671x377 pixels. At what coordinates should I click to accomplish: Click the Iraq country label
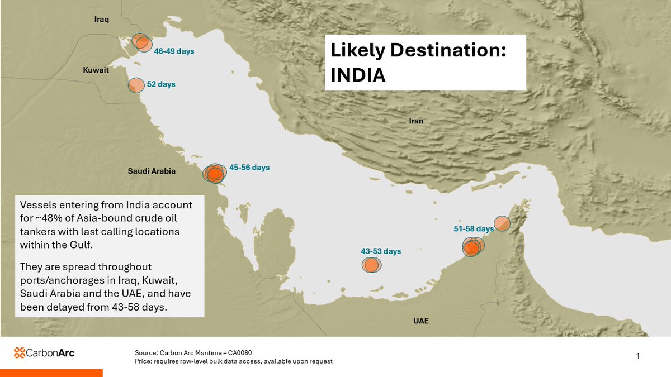coord(101,20)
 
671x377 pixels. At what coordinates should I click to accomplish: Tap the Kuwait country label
coord(96,71)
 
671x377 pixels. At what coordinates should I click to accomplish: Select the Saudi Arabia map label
coord(152,171)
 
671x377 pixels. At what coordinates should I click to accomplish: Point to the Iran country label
coord(416,121)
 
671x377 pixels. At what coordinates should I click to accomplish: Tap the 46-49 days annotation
coord(174,51)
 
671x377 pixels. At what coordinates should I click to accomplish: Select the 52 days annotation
coord(161,84)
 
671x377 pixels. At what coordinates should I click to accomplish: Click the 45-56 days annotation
coord(249,168)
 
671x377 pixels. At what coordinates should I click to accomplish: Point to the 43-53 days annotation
coord(381,251)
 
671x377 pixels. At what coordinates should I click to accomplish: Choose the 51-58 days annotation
coord(474,229)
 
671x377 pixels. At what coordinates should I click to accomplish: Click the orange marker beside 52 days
coord(136,85)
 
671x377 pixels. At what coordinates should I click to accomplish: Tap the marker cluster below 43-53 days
coord(370,265)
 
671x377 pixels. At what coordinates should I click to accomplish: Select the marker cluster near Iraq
coord(141,42)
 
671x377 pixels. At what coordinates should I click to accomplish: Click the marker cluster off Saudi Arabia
coord(214,174)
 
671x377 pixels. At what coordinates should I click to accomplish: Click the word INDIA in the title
coord(358,75)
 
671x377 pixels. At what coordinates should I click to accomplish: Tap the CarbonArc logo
coord(44,352)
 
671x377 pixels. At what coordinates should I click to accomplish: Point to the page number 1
coord(638,356)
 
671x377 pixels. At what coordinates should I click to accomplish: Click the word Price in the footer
coord(143,361)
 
